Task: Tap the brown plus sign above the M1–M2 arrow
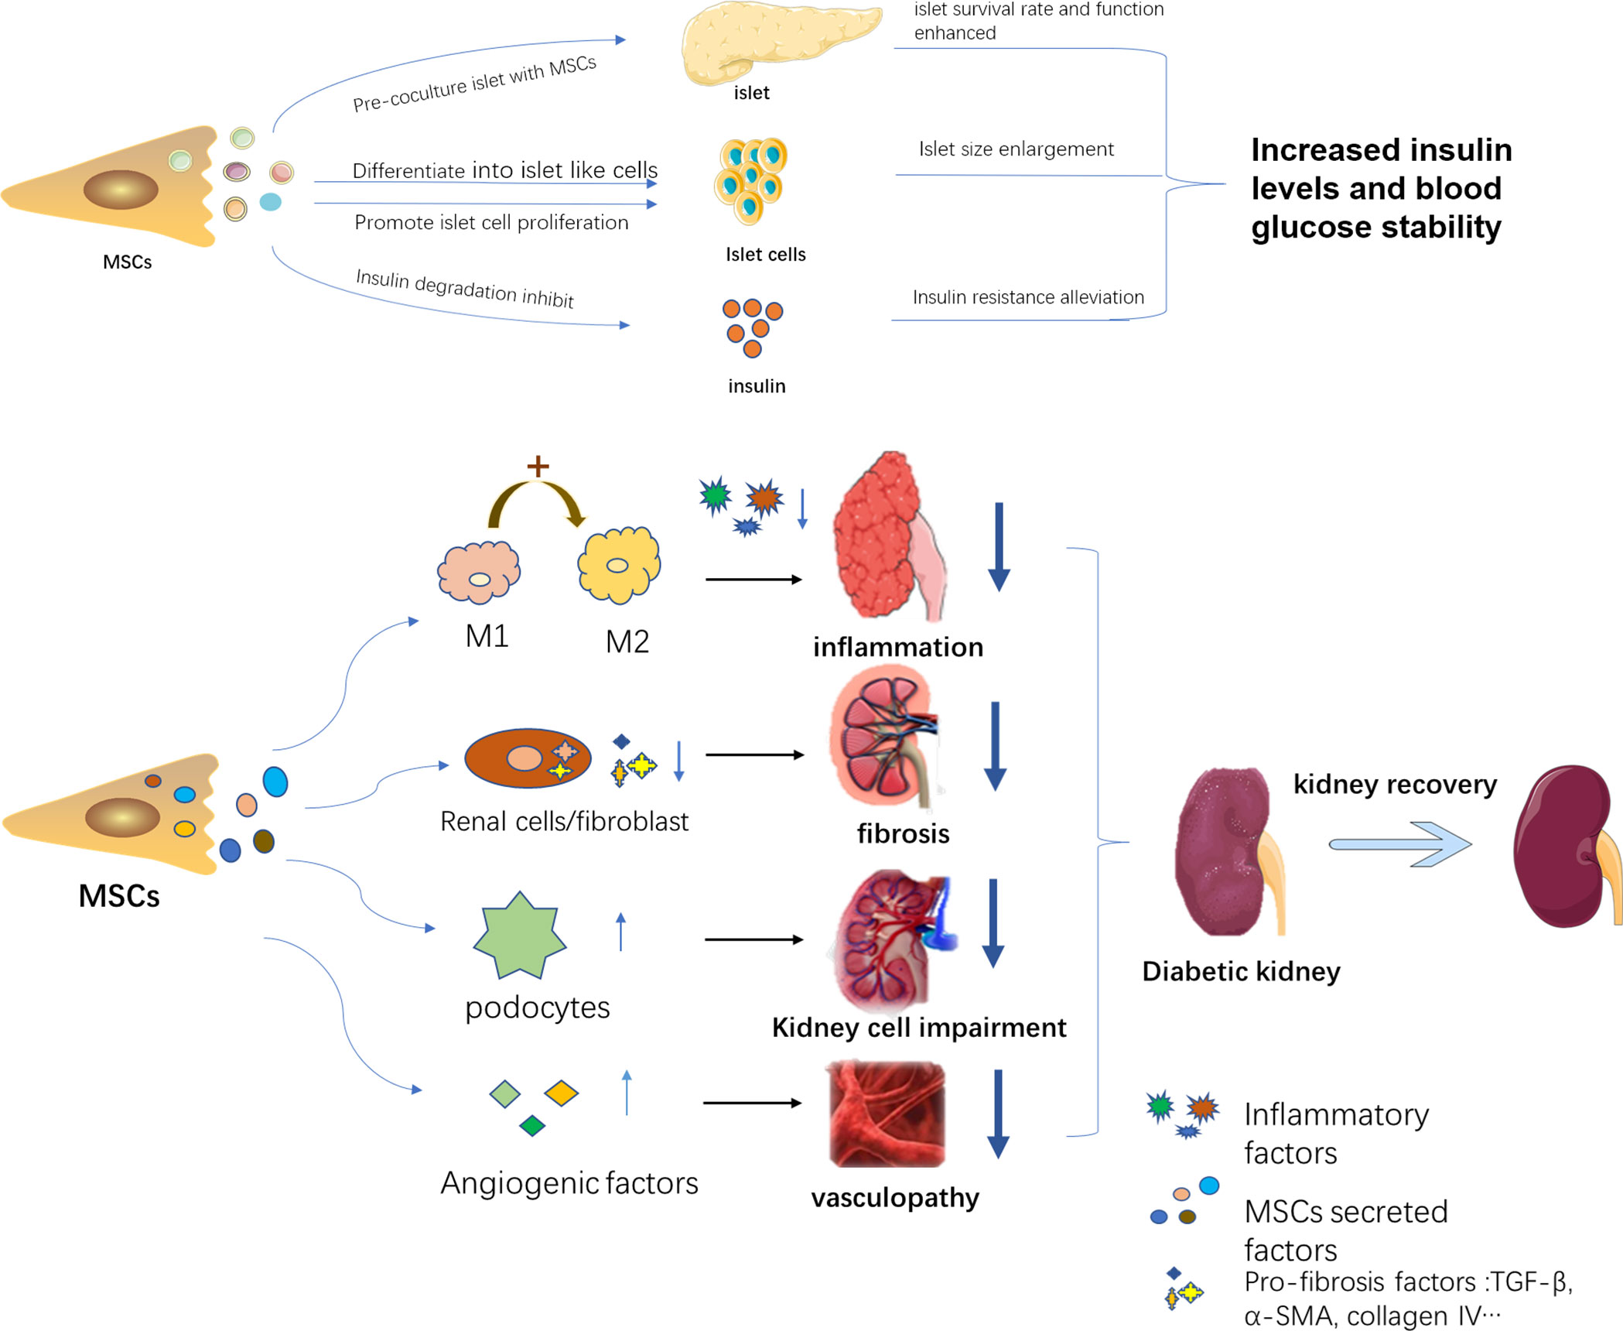(538, 466)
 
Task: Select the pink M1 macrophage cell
(479, 573)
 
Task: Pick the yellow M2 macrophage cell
(619, 566)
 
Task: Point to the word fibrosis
(903, 833)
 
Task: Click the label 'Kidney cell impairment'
(919, 1027)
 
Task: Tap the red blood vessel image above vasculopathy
(887, 1114)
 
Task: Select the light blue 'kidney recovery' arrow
(1399, 844)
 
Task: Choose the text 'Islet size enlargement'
(1016, 149)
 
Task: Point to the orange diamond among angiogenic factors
(561, 1093)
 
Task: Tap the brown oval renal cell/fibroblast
(528, 758)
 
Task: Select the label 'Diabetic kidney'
(1241, 971)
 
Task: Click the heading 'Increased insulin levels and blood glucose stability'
(1381, 188)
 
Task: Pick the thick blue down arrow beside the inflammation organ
(999, 546)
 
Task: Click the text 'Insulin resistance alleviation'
(1027, 297)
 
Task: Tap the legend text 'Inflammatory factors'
(1336, 1133)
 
